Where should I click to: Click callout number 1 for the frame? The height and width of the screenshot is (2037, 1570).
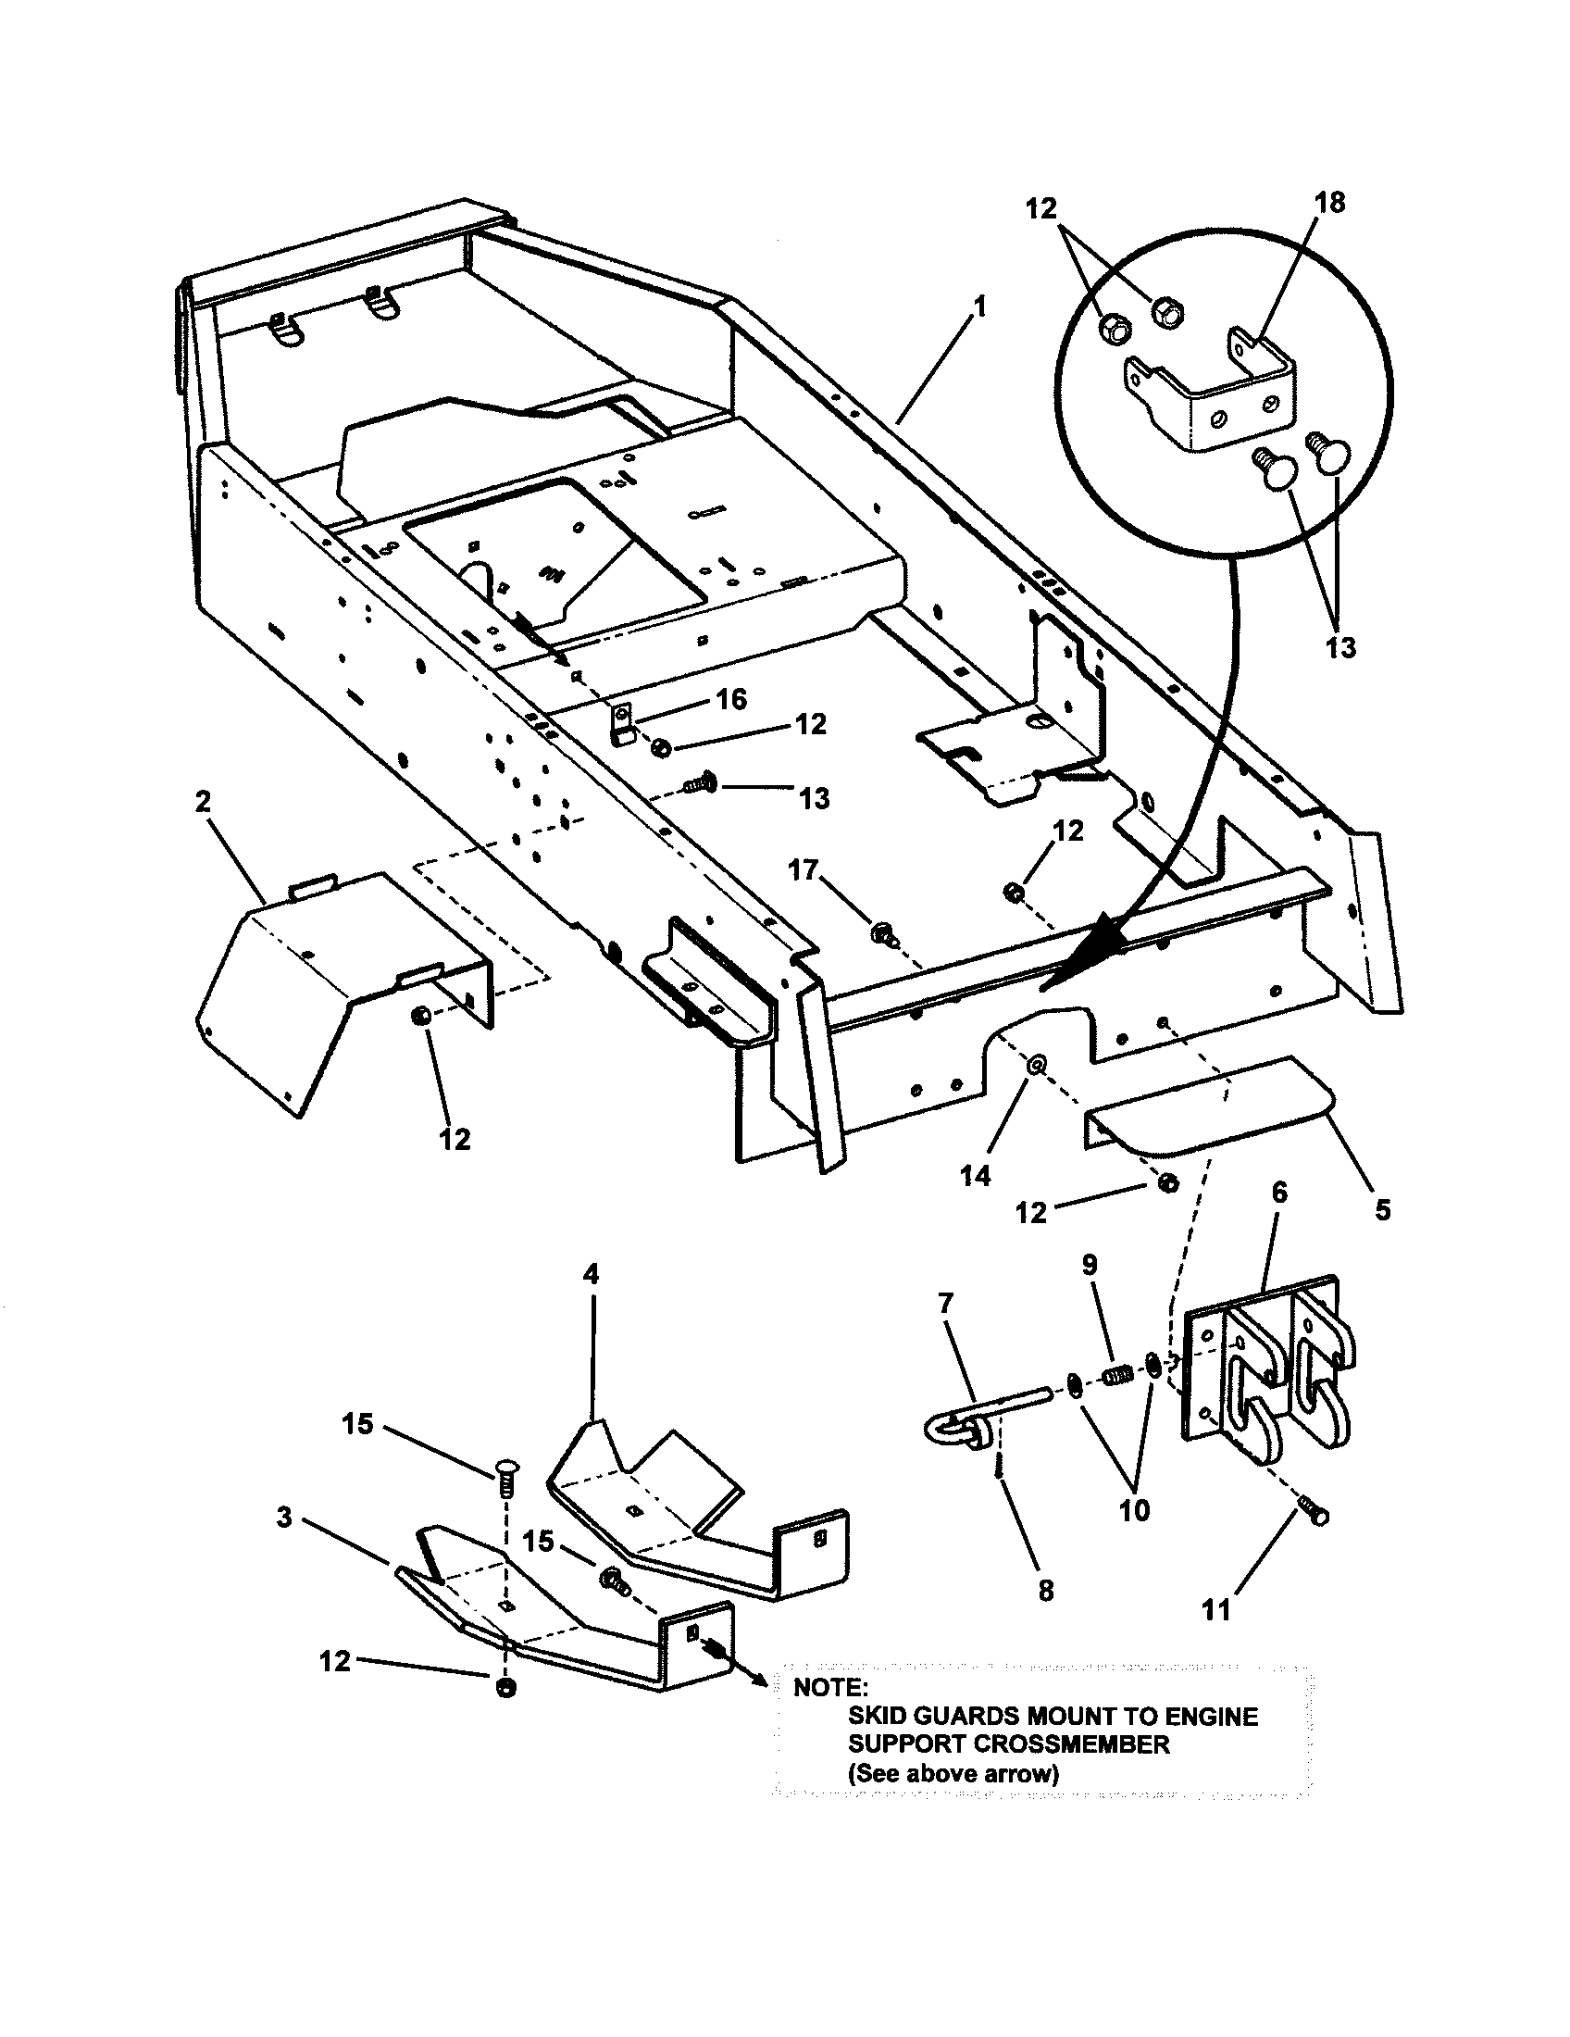pos(978,306)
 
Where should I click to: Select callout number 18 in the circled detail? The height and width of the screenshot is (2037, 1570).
pos(1330,203)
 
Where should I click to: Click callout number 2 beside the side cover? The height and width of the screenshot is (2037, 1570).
pos(204,801)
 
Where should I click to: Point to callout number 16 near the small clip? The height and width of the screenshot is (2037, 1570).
pos(732,698)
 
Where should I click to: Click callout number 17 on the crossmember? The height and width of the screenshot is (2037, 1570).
pos(803,869)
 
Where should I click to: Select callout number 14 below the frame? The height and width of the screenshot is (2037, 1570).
pos(975,1177)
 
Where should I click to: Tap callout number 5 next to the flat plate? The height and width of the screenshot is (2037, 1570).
pos(1383,1210)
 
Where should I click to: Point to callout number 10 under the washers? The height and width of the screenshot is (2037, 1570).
pos(1135,1510)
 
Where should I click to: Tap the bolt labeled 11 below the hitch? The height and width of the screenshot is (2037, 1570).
pos(1315,1516)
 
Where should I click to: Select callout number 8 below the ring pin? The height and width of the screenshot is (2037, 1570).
pos(1046,1590)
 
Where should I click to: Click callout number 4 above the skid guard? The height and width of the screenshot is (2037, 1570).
pos(591,1274)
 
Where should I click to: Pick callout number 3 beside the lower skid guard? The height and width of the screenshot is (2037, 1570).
pos(284,1518)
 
